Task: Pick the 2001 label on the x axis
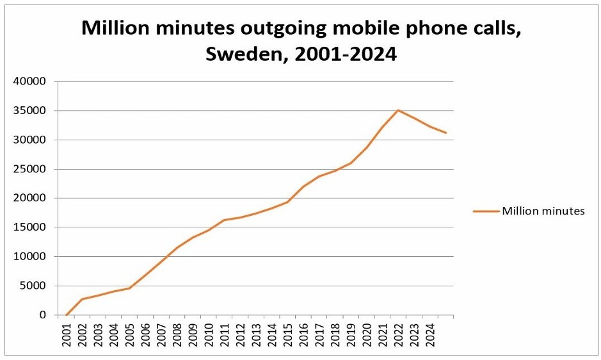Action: coord(67,334)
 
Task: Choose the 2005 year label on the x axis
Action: coord(129,334)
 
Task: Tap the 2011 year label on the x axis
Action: coord(224,334)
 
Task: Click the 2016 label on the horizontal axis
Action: coord(303,334)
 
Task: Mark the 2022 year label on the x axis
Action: coord(397,334)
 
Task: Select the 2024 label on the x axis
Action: coord(429,334)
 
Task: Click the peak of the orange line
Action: coord(398,110)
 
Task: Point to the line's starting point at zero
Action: coord(67,315)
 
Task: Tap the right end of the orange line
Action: coord(445,133)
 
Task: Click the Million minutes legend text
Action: coord(543,211)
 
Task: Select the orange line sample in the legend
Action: coord(486,211)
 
